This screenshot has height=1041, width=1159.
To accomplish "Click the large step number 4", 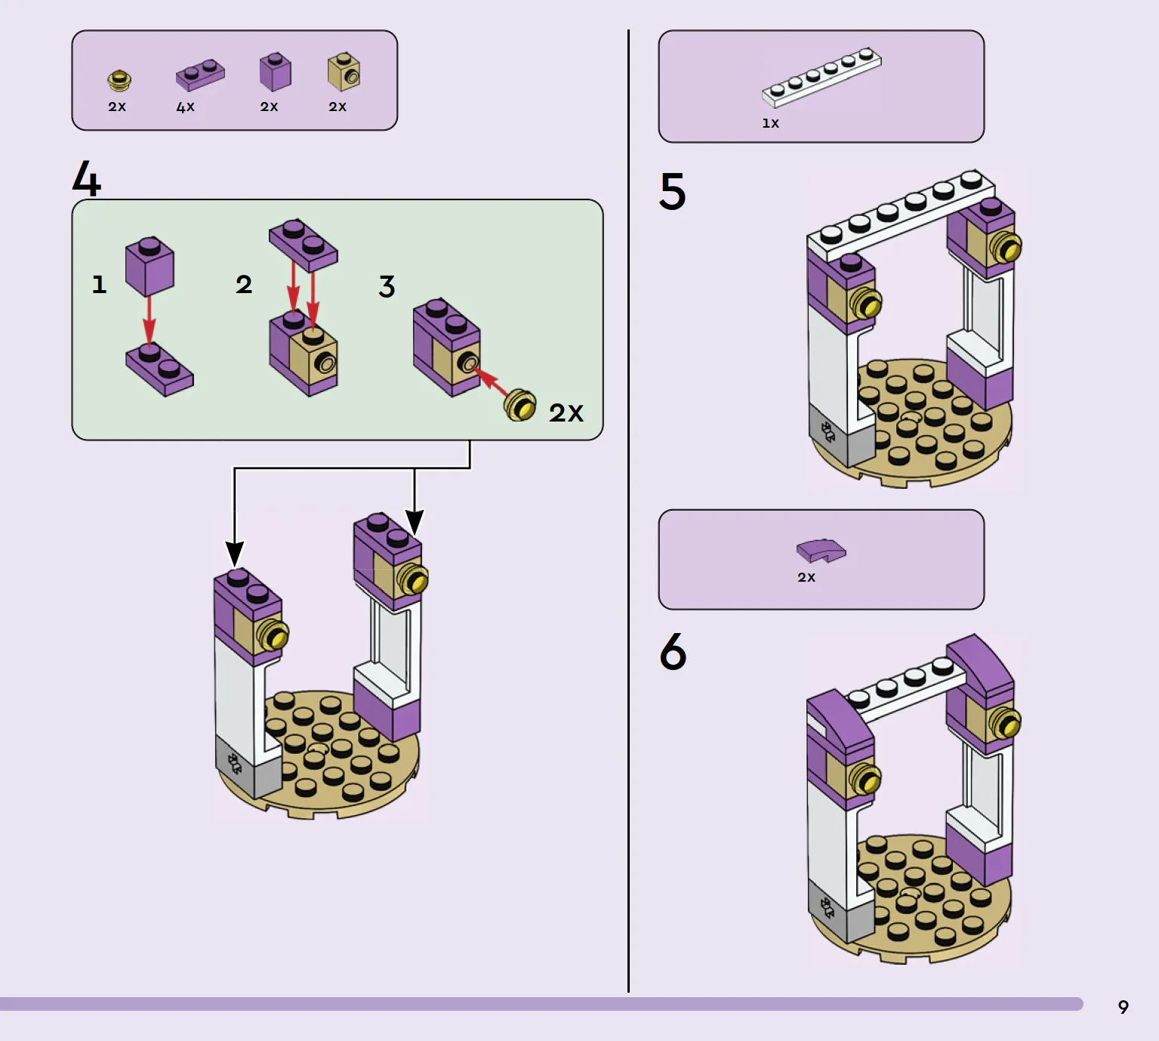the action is (86, 178).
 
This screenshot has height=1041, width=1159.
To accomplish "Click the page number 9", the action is (1124, 1007).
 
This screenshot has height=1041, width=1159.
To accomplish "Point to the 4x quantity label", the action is (185, 107).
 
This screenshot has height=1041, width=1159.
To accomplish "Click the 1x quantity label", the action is (771, 123).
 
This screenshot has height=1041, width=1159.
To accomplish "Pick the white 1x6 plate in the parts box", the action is (821, 77).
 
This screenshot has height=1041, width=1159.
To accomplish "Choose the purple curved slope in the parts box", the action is (821, 551).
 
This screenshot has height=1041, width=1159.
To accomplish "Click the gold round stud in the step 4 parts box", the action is (119, 80).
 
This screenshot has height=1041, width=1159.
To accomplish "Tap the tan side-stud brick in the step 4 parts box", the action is (344, 72).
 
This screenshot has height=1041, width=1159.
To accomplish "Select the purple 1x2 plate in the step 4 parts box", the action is (200, 74).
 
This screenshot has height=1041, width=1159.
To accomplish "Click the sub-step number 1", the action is (99, 284).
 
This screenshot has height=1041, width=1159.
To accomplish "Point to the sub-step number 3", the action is (387, 286).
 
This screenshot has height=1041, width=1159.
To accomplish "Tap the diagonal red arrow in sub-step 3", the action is (490, 381).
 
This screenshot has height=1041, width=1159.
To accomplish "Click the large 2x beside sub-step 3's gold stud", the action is (566, 412).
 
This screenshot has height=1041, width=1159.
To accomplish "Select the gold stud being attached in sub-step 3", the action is (520, 406).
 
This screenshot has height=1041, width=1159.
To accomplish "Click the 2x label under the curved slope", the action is (806, 577).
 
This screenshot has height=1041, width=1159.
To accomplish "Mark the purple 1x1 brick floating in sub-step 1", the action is (149, 266).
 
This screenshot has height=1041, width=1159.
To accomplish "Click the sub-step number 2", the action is (244, 284).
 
